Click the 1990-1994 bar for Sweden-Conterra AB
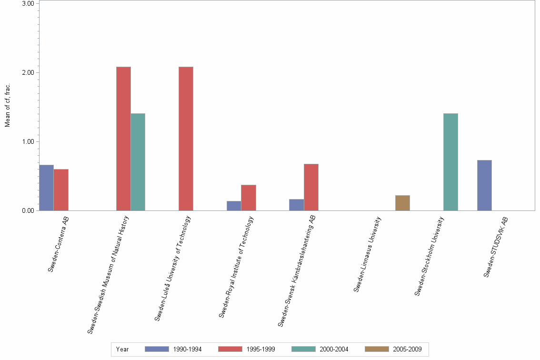click(x=46, y=188)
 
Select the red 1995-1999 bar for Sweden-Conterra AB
click(x=61, y=190)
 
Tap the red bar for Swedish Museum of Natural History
click(x=123, y=139)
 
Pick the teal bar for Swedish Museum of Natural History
click(x=138, y=162)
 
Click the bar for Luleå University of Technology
click(x=186, y=139)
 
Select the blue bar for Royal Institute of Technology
click(x=234, y=206)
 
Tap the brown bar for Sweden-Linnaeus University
click(x=402, y=203)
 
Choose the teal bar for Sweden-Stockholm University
click(x=450, y=162)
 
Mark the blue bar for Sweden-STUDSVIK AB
click(x=484, y=185)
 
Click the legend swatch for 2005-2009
click(x=377, y=349)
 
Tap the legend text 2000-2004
click(x=334, y=349)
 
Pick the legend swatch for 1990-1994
click(x=157, y=349)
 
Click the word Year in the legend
click(x=122, y=349)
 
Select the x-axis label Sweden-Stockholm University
click(x=430, y=256)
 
